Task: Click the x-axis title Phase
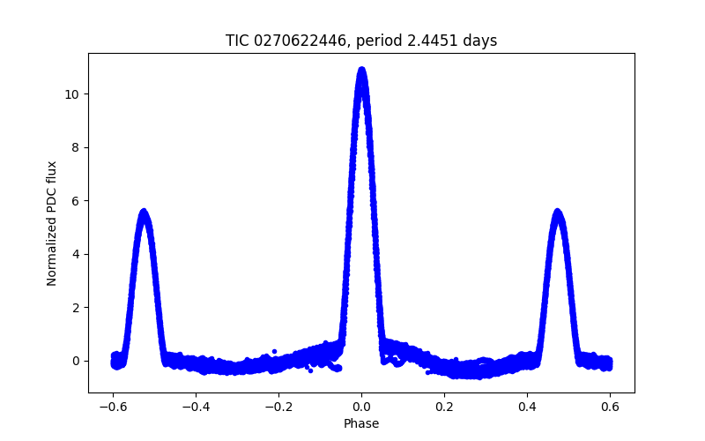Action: (361, 423)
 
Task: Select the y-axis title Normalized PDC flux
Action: (52, 223)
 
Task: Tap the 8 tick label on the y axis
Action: (79, 147)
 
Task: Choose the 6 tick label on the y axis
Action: (79, 201)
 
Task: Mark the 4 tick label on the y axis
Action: (79, 254)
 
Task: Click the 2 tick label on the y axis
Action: (79, 308)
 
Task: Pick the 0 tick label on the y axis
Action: (79, 361)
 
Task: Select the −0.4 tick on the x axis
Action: (196, 407)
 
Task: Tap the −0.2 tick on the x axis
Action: (278, 407)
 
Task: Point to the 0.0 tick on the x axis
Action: (361, 407)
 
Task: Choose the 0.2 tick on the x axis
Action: (444, 407)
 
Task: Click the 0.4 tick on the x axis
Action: (527, 407)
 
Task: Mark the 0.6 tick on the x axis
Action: (610, 407)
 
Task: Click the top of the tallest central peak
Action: (361, 70)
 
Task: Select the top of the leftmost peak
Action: (143, 212)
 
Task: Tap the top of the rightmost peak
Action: (557, 212)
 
